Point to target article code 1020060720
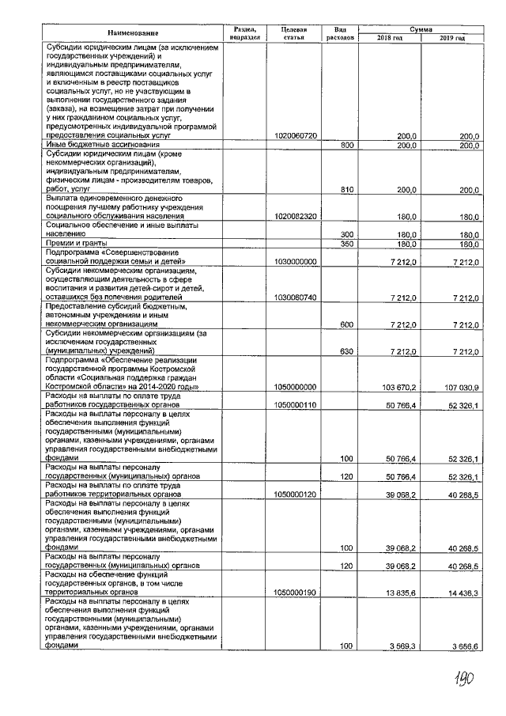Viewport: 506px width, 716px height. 294,136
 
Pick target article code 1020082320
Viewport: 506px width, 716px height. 294,215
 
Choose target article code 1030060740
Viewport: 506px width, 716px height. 294,297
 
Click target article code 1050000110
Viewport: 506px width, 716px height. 294,404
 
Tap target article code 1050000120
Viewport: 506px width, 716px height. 294,493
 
